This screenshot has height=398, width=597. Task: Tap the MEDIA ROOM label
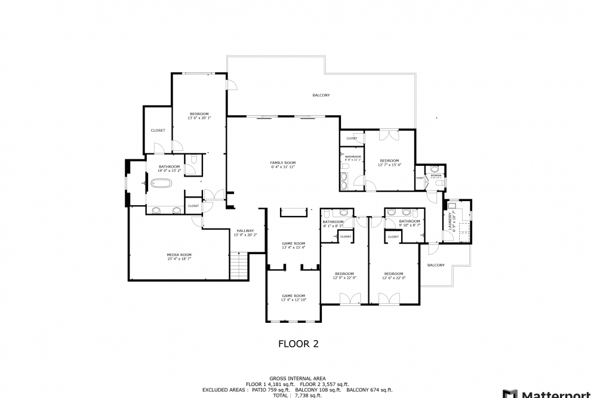179,255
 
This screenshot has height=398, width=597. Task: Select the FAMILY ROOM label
283,163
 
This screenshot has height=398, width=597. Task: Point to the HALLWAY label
245,231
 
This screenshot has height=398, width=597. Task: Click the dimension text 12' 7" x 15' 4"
390,165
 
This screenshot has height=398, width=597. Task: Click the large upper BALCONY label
321,95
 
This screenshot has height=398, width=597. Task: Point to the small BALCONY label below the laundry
436,265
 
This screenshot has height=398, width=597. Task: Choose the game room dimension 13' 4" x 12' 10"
294,300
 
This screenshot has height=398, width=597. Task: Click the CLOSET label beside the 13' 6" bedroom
158,130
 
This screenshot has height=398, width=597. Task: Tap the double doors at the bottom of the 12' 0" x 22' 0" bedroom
346,298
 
